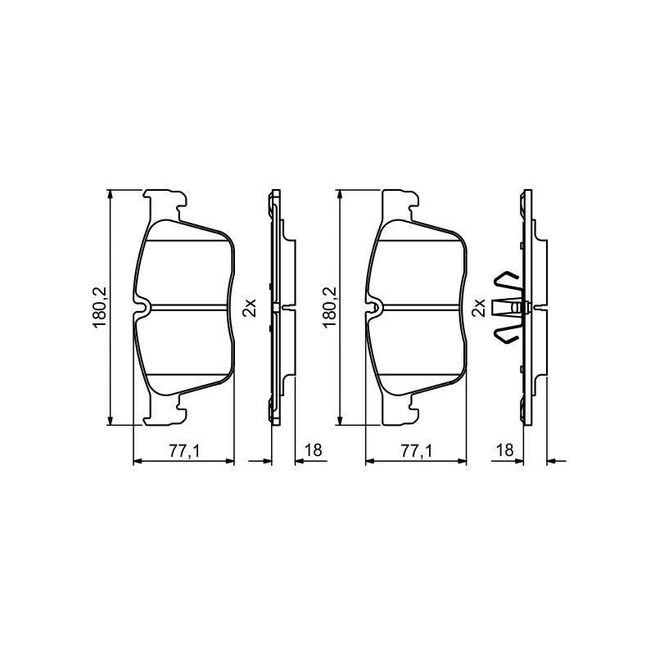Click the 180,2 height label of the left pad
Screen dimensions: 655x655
(101, 307)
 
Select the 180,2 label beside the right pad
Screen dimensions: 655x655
(331, 307)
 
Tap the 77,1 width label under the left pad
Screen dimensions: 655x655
(185, 450)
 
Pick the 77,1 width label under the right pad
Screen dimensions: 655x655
(417, 450)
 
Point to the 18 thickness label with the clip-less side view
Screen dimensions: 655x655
(314, 450)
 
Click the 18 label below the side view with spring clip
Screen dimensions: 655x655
(504, 450)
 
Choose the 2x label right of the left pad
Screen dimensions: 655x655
(250, 308)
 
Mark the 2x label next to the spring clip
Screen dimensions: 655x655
(478, 308)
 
